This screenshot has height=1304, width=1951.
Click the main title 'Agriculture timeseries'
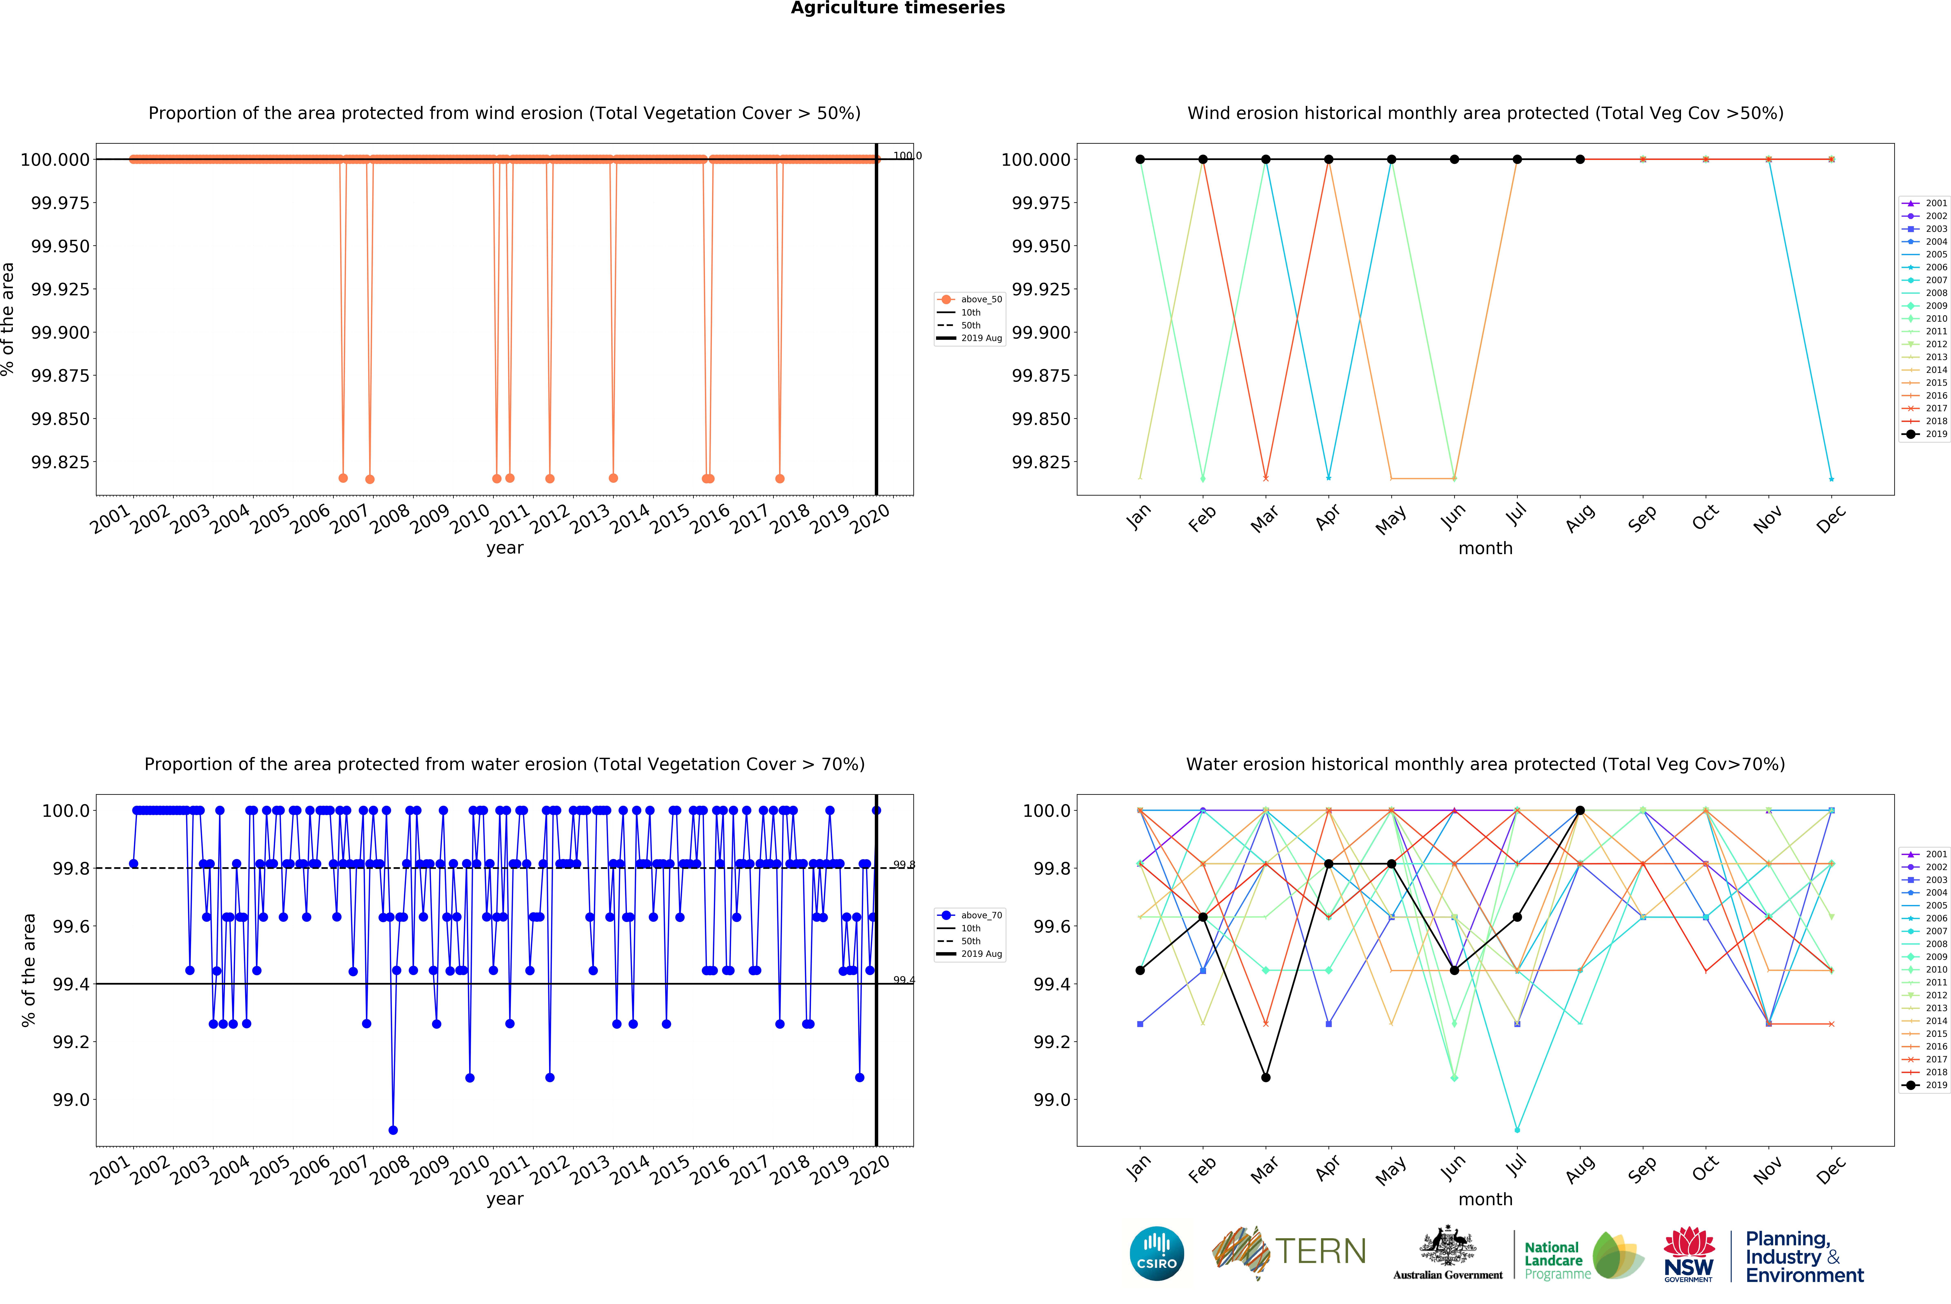coord(897,8)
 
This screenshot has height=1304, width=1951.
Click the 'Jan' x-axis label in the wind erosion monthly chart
coord(1138,517)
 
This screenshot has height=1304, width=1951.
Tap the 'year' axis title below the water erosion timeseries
coord(505,1199)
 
